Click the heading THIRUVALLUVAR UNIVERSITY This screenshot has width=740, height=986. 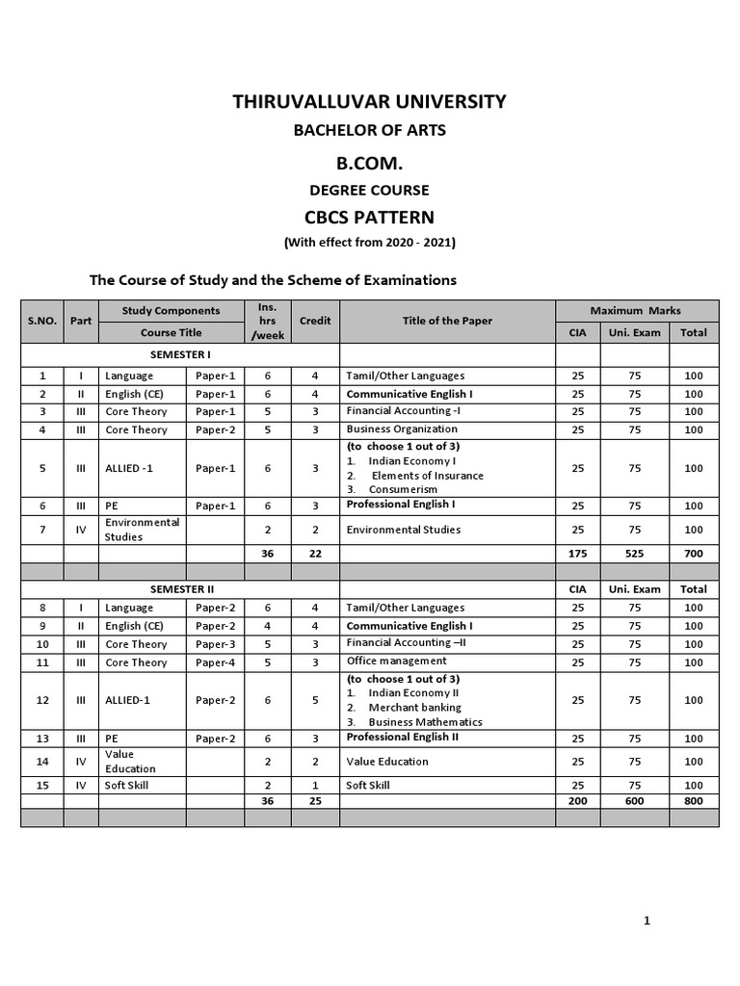click(x=369, y=101)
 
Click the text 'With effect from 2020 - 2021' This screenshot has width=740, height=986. click(x=369, y=243)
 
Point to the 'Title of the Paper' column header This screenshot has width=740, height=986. click(x=447, y=321)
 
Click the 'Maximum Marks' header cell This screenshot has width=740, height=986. click(x=636, y=310)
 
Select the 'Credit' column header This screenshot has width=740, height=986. click(x=315, y=321)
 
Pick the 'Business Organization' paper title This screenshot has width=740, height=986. click(x=402, y=429)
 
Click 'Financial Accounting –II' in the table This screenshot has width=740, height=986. click(x=407, y=643)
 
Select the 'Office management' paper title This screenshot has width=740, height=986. click(x=397, y=662)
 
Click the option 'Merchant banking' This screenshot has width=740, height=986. click(x=415, y=708)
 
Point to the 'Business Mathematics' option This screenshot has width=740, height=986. click(x=425, y=722)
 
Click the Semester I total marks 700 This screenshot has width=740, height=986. click(x=694, y=554)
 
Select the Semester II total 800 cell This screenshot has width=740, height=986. click(x=694, y=800)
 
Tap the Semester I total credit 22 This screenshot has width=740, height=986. click(x=315, y=554)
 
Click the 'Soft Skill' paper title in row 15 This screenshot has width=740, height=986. click(x=369, y=786)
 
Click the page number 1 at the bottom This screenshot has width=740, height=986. click(x=647, y=921)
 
